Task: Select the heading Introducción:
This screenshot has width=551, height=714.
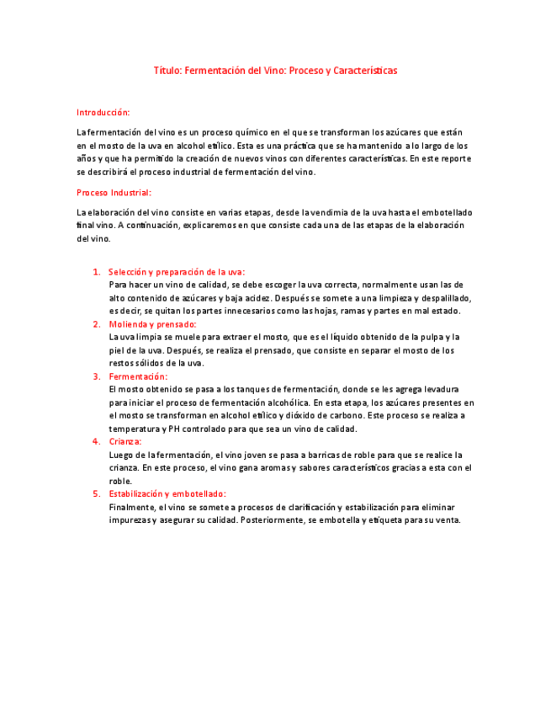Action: [x=103, y=112]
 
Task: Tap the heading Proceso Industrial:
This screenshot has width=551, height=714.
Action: [x=114, y=193]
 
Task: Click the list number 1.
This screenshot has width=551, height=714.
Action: [x=97, y=272]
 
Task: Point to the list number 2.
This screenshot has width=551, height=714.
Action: [x=97, y=324]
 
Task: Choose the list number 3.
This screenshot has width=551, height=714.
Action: [x=97, y=376]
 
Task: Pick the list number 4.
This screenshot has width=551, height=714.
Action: [x=97, y=441]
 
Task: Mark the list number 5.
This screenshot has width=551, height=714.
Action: [x=97, y=493]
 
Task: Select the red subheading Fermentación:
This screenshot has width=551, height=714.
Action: [x=138, y=376]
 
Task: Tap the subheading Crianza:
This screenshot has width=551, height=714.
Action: [x=125, y=441]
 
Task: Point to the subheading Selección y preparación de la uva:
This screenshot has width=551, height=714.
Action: [x=177, y=272]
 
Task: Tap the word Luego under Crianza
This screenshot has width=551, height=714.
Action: [x=121, y=455]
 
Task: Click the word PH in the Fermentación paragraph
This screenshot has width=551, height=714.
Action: [x=175, y=429]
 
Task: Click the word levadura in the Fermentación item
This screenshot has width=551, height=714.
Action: [x=439, y=390]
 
